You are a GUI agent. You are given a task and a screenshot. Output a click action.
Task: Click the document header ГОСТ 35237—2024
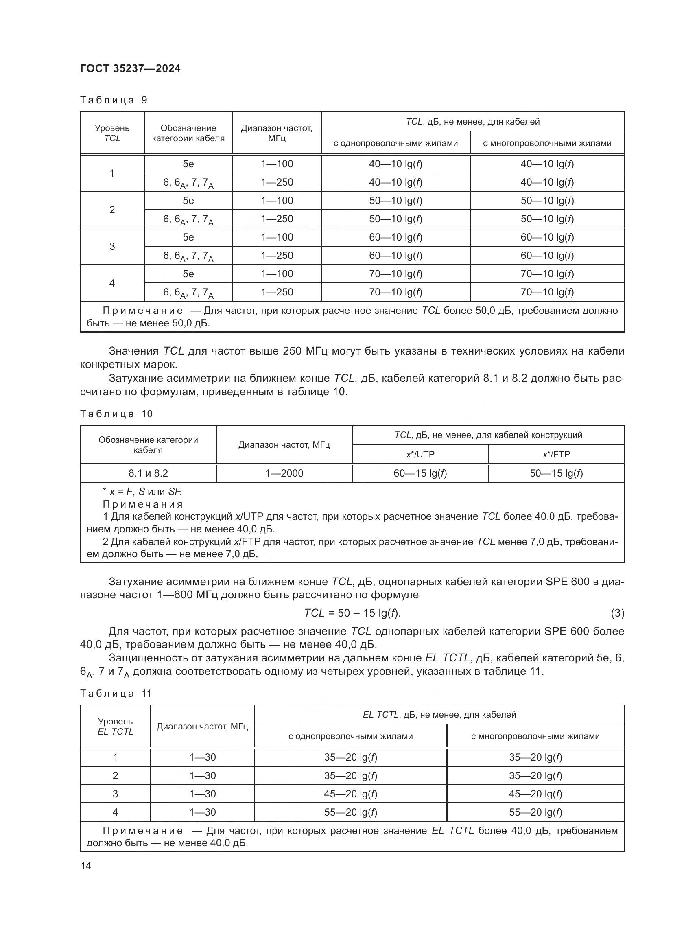click(130, 68)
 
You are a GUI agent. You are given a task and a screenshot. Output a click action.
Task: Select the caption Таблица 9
click(114, 100)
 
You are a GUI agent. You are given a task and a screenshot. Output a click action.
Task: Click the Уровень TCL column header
click(112, 133)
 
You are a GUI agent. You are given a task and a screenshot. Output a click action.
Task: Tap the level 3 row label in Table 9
click(112, 246)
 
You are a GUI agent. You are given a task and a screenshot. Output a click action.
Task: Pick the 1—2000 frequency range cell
click(284, 473)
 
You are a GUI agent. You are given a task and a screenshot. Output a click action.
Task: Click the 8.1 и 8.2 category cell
click(148, 473)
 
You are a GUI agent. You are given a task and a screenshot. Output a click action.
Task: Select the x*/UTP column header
click(420, 455)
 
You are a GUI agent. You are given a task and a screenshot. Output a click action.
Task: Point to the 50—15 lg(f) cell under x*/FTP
click(556, 473)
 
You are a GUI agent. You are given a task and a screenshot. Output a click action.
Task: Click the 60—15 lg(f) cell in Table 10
click(420, 473)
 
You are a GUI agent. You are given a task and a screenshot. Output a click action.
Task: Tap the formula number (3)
click(617, 613)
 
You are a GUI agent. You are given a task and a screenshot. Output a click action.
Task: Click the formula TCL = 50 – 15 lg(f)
click(352, 613)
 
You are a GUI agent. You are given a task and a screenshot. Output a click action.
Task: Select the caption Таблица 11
click(116, 693)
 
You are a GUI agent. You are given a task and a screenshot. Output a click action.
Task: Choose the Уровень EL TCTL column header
click(115, 727)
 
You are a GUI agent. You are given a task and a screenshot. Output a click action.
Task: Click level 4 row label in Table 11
click(115, 812)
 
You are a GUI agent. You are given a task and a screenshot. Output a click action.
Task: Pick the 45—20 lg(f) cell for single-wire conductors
click(351, 794)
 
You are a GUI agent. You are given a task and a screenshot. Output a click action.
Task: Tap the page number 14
click(86, 866)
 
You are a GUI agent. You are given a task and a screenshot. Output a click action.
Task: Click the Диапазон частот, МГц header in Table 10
click(284, 445)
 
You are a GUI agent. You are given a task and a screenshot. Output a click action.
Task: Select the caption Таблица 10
click(116, 414)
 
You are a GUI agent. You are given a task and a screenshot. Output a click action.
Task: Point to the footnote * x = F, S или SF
click(142, 492)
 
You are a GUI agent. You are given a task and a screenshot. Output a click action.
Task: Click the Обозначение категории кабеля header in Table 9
click(188, 133)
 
